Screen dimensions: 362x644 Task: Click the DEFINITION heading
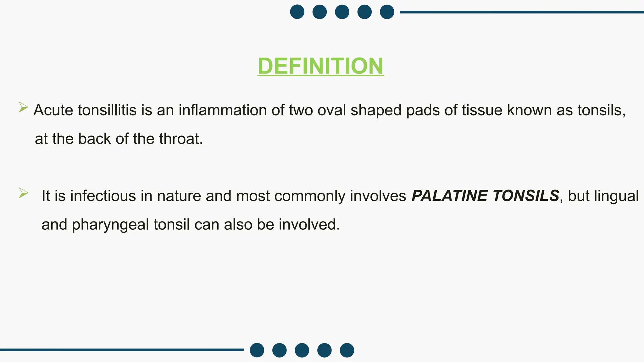[320, 66]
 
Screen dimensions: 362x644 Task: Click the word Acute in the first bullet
[53, 110]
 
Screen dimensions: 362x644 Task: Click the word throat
[181, 139]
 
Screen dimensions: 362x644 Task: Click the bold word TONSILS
[526, 196]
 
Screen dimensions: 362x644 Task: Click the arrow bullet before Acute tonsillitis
[23, 107]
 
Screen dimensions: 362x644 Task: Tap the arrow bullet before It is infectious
[23, 193]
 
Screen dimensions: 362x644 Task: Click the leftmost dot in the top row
[297, 12]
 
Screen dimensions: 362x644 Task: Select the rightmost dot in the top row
[387, 12]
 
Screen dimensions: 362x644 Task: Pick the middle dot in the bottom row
[302, 350]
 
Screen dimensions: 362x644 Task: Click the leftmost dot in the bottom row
[257, 350]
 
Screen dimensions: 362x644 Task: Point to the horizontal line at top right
[522, 12]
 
